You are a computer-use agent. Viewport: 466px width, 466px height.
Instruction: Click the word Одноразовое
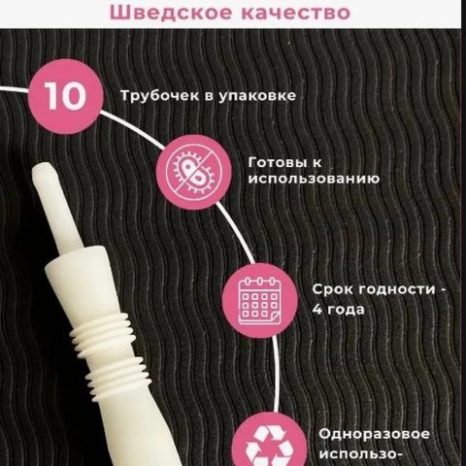pos(374,433)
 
